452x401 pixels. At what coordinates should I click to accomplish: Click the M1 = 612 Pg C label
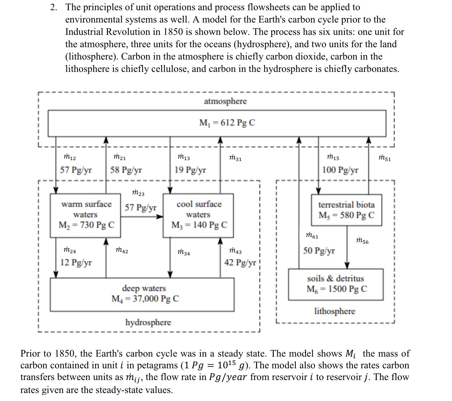click(x=227, y=123)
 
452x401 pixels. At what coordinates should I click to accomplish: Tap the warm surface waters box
click(x=86, y=215)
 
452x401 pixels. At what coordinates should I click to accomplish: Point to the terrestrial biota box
click(x=346, y=210)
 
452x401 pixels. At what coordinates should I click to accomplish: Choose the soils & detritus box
click(x=336, y=284)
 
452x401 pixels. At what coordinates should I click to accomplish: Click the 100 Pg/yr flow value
click(x=340, y=170)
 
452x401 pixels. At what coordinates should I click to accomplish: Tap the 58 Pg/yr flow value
click(x=126, y=170)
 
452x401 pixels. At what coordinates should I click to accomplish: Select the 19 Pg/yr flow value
click(x=190, y=170)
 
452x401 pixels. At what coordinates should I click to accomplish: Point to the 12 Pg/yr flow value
click(x=76, y=263)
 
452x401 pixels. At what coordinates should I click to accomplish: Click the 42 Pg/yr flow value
click(x=240, y=263)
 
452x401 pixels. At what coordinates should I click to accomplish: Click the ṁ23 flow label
click(x=138, y=193)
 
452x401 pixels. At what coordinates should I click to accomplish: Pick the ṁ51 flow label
click(x=384, y=159)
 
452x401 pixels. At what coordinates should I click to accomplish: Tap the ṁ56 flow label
click(x=362, y=241)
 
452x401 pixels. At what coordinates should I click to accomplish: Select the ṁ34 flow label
click(x=184, y=253)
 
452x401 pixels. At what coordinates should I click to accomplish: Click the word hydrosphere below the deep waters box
click(x=148, y=322)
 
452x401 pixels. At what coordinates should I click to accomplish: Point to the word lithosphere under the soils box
click(x=335, y=311)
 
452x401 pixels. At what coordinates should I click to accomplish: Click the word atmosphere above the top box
click(x=225, y=101)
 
